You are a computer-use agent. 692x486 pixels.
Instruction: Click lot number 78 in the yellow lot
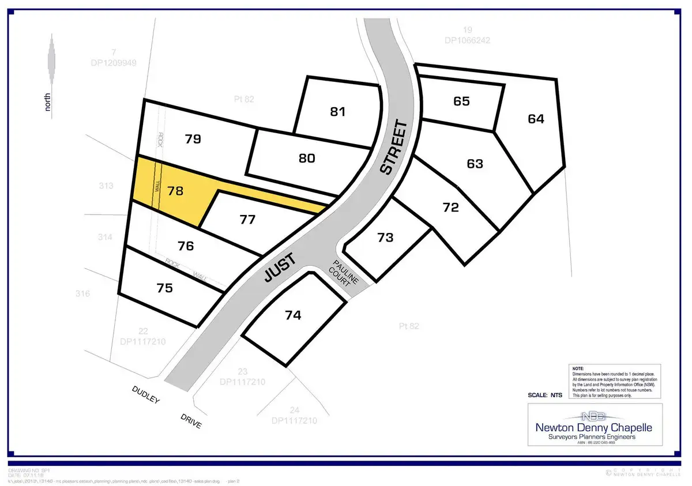pyautogui.click(x=175, y=191)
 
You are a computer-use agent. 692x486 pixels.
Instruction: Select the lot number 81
pyautogui.click(x=337, y=111)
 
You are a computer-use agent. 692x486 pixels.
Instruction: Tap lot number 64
pyautogui.click(x=536, y=119)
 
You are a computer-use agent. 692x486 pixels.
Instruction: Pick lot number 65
pyautogui.click(x=461, y=101)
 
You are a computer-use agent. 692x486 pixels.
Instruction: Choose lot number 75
pyautogui.click(x=164, y=288)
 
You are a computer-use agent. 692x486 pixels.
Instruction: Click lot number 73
pyautogui.click(x=385, y=238)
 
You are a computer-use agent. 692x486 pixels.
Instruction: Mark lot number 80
pyautogui.click(x=307, y=157)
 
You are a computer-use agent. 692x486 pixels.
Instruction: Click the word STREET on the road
pyautogui.click(x=394, y=148)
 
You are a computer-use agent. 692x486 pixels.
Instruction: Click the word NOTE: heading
pyautogui.click(x=578, y=367)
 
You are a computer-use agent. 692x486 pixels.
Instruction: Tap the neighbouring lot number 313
pyautogui.click(x=106, y=186)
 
